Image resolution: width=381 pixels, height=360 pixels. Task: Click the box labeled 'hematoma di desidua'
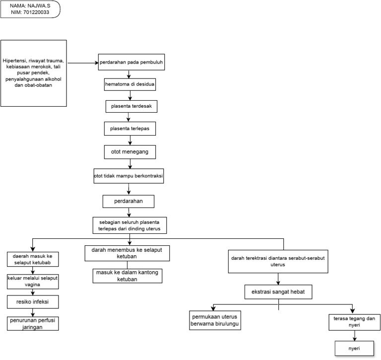(x=130, y=84)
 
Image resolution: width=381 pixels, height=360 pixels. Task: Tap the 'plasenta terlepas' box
(x=130, y=128)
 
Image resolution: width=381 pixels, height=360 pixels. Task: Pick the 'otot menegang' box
(x=130, y=150)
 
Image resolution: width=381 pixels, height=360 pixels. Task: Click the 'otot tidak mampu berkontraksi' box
(x=129, y=176)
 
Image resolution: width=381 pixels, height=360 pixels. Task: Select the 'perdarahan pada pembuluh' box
(x=130, y=63)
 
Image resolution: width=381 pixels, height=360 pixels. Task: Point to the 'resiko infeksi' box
(x=32, y=301)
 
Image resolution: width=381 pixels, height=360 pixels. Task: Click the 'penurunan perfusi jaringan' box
(x=32, y=323)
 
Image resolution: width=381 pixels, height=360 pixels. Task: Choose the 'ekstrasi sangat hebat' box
(x=278, y=291)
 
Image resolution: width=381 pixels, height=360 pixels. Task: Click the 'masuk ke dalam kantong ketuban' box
(x=127, y=276)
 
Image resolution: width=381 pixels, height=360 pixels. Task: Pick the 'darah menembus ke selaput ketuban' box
(x=127, y=253)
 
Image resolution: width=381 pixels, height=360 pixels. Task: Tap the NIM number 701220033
(x=40, y=12)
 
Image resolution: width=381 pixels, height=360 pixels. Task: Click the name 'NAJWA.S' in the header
(x=41, y=5)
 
